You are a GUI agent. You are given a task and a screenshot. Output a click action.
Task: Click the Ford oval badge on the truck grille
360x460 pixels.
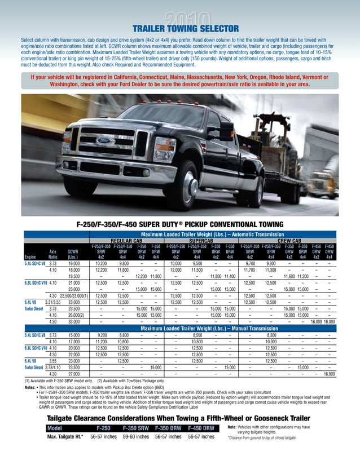(104, 140)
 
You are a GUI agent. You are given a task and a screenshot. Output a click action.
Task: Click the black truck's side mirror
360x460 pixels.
(227, 131)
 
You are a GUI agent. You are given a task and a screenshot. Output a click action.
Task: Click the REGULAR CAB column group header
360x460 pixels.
(125, 240)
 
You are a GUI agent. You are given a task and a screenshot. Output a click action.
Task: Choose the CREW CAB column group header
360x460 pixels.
(288, 240)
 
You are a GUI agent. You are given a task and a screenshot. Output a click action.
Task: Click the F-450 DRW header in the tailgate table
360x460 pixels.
(201, 428)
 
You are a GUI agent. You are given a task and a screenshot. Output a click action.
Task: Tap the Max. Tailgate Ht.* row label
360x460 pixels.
(65, 436)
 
